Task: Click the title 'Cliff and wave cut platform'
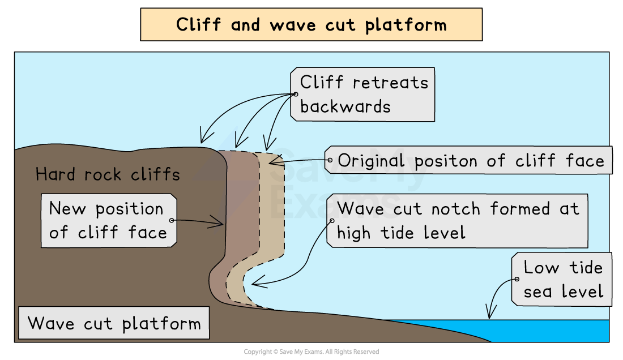point(311,25)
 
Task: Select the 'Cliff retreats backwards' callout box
point(363,95)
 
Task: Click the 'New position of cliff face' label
point(108,221)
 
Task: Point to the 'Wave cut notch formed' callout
point(458,221)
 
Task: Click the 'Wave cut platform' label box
point(114,324)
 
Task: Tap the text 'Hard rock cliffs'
point(108,174)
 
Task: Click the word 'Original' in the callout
point(373,161)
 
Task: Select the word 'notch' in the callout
point(458,209)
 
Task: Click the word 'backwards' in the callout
point(345,106)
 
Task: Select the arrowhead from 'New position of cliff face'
point(220,223)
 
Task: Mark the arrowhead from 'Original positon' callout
point(272,161)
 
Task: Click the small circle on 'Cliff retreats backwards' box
point(296,94)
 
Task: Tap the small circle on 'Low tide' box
point(517,279)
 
